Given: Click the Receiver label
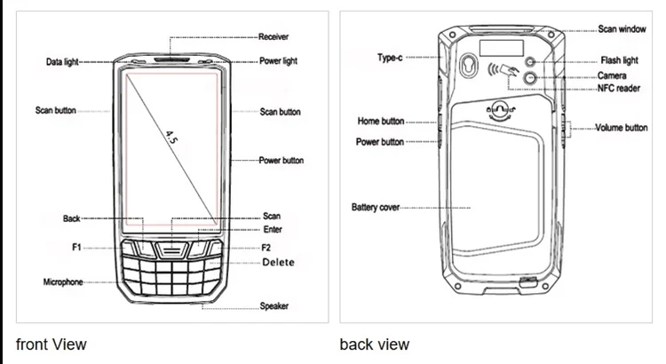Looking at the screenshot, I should click(275, 37).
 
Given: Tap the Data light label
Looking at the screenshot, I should click(63, 62).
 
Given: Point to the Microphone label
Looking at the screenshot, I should click(63, 281).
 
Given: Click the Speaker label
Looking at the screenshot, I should click(274, 306).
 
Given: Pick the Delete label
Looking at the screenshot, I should click(279, 263).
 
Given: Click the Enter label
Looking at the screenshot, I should click(273, 230).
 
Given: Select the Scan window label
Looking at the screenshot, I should click(622, 29).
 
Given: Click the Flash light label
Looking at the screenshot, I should click(619, 61).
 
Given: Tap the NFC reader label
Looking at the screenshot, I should click(619, 89).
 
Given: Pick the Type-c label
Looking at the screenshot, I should click(391, 59).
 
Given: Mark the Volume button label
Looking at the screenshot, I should click(622, 128).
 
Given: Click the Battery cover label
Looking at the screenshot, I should click(376, 208).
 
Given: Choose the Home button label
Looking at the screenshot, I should click(380, 121).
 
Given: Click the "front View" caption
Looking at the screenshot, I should click(52, 344).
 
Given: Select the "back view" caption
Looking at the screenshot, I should click(375, 344).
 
